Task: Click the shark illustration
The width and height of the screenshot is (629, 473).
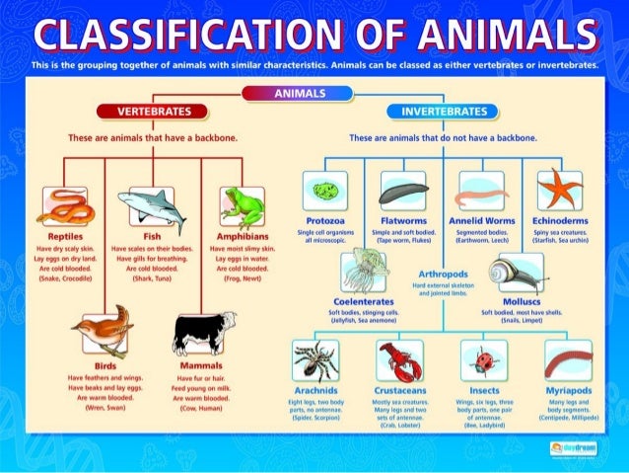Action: (152, 206)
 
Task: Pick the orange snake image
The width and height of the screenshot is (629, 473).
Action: (63, 208)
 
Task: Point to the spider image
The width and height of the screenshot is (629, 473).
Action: (315, 360)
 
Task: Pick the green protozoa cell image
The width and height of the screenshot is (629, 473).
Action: (324, 190)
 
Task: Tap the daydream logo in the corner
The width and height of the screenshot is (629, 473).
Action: (574, 447)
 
